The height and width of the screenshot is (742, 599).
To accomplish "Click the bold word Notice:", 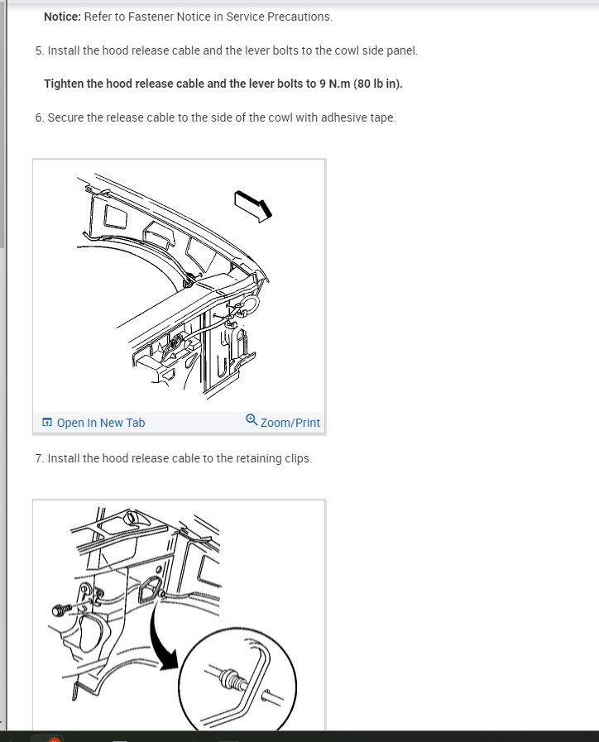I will pyautogui.click(x=62, y=17).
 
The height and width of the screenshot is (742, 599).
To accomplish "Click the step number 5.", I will pyautogui.click(x=39, y=50).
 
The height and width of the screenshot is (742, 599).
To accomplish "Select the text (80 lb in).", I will pyautogui.click(x=380, y=84).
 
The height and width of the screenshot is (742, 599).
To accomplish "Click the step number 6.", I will pyautogui.click(x=39, y=117).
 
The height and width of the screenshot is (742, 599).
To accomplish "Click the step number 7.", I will pyautogui.click(x=39, y=458).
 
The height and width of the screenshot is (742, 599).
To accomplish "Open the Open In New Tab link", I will pyautogui.click(x=100, y=423).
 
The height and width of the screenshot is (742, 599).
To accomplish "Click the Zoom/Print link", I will pyautogui.click(x=290, y=423).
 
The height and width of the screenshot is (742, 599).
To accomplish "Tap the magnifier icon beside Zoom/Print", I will pyautogui.click(x=252, y=421).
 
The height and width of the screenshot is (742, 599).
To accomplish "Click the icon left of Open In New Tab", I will pyautogui.click(x=47, y=423).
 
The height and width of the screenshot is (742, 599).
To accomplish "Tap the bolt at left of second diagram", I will pyautogui.click(x=60, y=610).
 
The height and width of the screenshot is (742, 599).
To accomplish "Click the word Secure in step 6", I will pyautogui.click(x=65, y=117).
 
